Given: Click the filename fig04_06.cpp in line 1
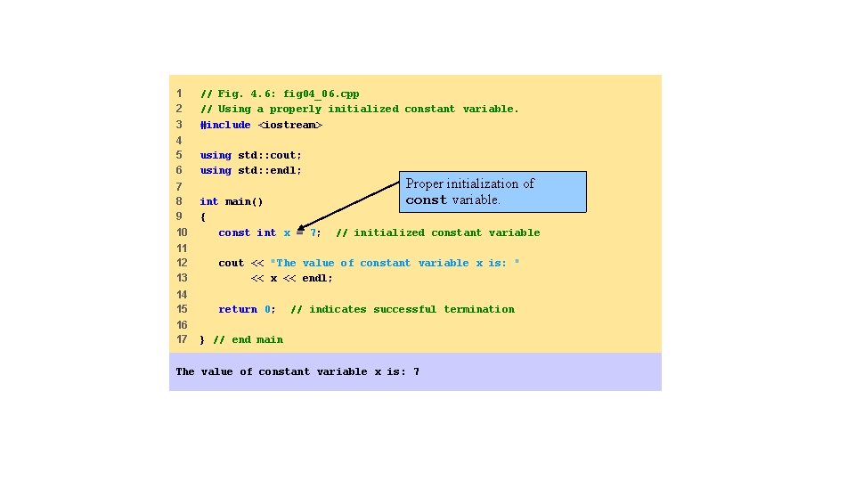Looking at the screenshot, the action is pyautogui.click(x=322, y=94).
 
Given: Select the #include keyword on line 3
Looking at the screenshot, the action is pyautogui.click(x=225, y=125).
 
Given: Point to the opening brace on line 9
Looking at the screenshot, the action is pyautogui.click(x=203, y=216).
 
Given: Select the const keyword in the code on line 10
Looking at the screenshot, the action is pyautogui.click(x=234, y=232).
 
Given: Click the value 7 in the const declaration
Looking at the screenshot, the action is pyautogui.click(x=313, y=232).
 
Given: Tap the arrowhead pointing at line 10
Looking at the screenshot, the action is pyautogui.click(x=301, y=227).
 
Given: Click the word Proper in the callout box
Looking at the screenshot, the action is pyautogui.click(x=425, y=183).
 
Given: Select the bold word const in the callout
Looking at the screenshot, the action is pyautogui.click(x=426, y=200).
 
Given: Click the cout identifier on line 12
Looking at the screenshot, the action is pyautogui.click(x=231, y=263).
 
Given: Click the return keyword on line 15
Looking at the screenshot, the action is pyautogui.click(x=238, y=309).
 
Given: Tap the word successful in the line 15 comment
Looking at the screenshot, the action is pyautogui.click(x=404, y=309).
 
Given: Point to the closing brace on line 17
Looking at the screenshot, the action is pyautogui.click(x=202, y=339).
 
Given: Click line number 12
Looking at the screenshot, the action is pyautogui.click(x=182, y=263).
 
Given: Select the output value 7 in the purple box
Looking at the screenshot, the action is pyautogui.click(x=416, y=371).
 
